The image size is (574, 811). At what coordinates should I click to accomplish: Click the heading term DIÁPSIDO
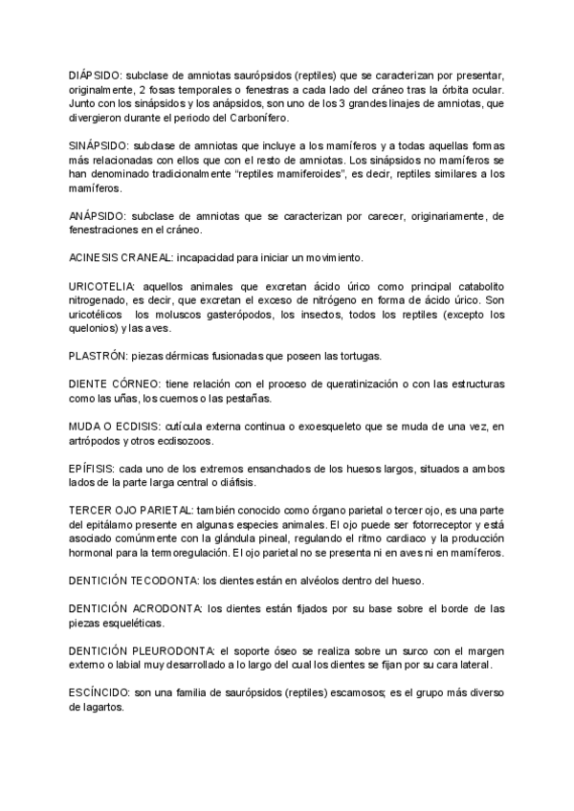tap(95, 75)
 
